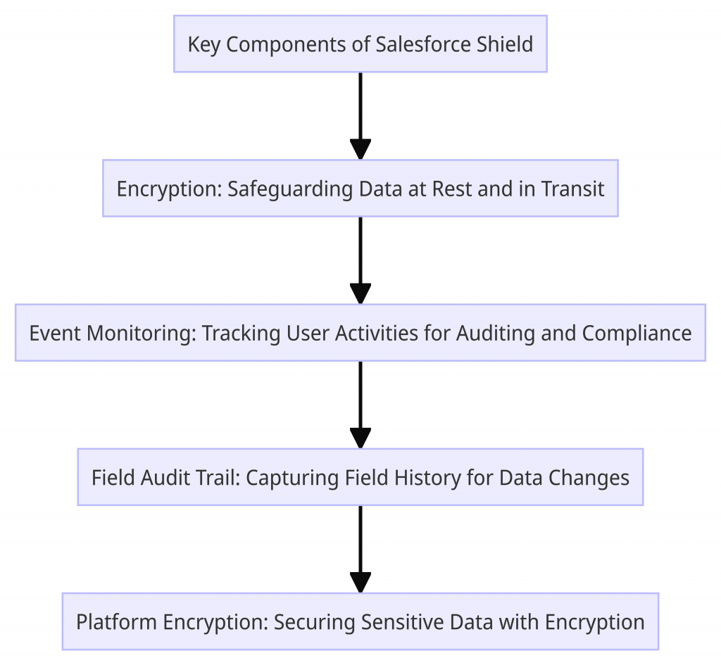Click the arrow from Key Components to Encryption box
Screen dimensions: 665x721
click(x=360, y=116)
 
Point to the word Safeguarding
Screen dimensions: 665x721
click(x=289, y=189)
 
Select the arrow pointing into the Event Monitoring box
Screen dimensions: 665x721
click(x=360, y=260)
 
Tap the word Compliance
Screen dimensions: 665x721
click(x=637, y=333)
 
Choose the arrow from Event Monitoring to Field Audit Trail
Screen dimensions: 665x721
click(x=360, y=405)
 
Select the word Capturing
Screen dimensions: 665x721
click(x=282, y=478)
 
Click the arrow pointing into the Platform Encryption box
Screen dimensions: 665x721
click(x=360, y=549)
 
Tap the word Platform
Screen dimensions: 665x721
click(x=116, y=622)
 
